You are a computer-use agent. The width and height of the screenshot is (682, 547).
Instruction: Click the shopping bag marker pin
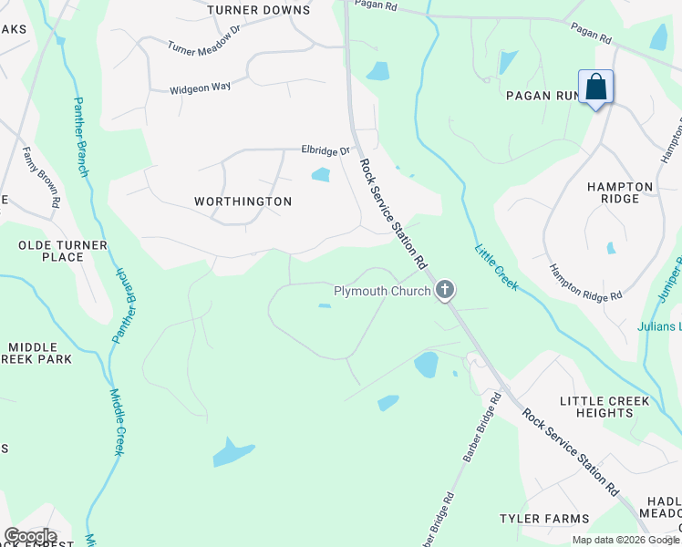point(595,88)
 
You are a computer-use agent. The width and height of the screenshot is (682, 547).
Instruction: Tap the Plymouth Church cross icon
point(445,291)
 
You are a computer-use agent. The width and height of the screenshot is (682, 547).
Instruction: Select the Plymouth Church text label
point(381,292)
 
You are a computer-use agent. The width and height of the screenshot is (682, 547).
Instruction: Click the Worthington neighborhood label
point(243,201)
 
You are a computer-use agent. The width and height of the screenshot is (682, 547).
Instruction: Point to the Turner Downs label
point(258,11)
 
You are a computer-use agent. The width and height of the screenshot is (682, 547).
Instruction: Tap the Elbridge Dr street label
point(326,150)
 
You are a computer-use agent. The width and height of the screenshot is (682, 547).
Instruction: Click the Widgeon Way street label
point(201,88)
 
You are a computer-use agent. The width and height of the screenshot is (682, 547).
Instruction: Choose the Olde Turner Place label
point(63,251)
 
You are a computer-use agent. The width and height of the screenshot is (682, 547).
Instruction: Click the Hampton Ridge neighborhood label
point(620,192)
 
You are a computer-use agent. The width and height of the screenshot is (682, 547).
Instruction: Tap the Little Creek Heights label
point(604,407)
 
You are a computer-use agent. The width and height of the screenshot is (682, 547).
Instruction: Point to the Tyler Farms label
point(544,519)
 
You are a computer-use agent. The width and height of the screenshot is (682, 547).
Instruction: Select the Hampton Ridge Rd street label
point(584,283)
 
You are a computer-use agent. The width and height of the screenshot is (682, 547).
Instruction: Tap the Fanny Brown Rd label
point(41,177)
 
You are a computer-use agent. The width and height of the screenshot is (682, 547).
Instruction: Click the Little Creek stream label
point(497,266)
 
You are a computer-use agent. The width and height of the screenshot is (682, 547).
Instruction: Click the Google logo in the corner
point(30,536)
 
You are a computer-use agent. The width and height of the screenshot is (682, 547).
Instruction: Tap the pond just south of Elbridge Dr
point(320,174)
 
